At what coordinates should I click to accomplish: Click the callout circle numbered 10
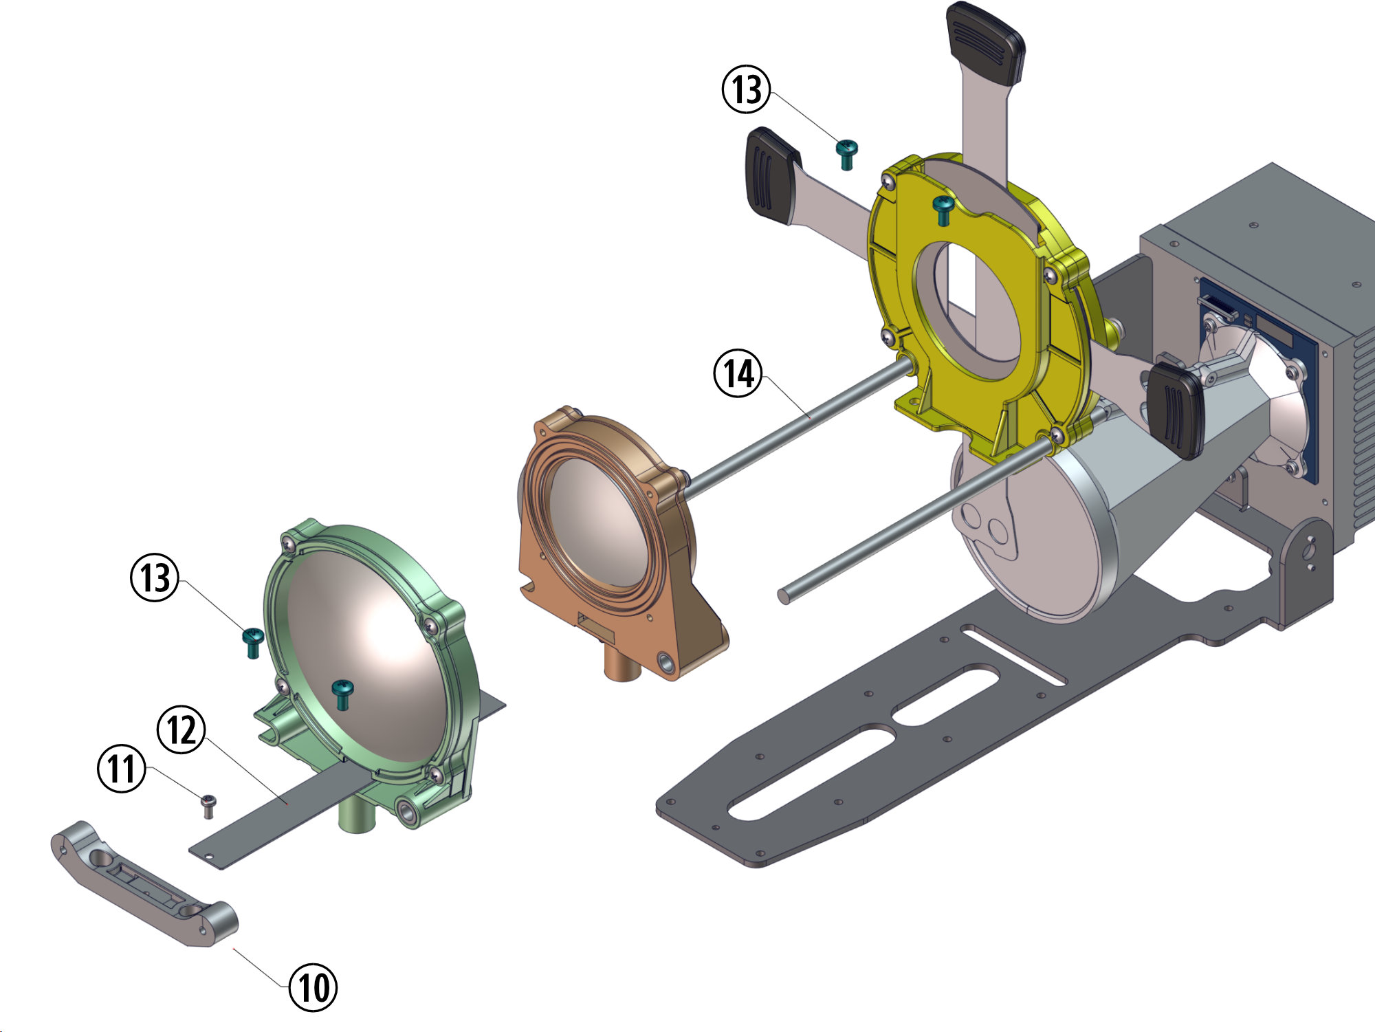point(313,987)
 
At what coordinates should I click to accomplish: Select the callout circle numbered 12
point(182,729)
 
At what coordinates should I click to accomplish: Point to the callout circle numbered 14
point(738,374)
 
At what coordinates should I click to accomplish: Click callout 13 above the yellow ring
point(747,89)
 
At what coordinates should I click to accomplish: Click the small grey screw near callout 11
point(208,806)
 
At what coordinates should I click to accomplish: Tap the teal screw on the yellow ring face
point(943,209)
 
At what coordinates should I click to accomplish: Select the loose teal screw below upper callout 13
point(847,154)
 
